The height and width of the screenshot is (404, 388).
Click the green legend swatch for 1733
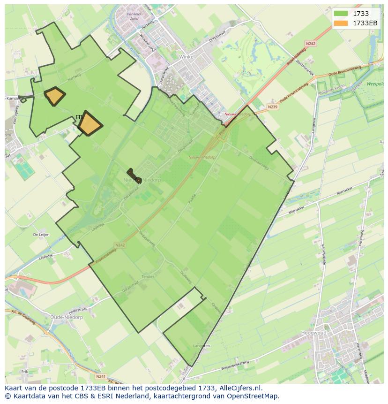click(x=341, y=14)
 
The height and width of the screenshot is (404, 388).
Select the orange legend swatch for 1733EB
click(x=341, y=23)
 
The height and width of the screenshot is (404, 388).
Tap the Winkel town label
click(x=187, y=56)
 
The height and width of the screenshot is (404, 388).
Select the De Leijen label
click(x=42, y=234)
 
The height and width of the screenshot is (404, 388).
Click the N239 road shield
click(x=272, y=107)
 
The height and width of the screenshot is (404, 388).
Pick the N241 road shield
click(x=100, y=376)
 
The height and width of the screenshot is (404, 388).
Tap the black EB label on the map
click(x=79, y=117)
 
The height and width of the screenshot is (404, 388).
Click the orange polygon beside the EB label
click(x=90, y=124)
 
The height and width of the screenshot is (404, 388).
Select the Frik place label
click(x=24, y=372)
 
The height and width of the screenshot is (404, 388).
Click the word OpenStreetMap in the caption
click(x=255, y=396)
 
